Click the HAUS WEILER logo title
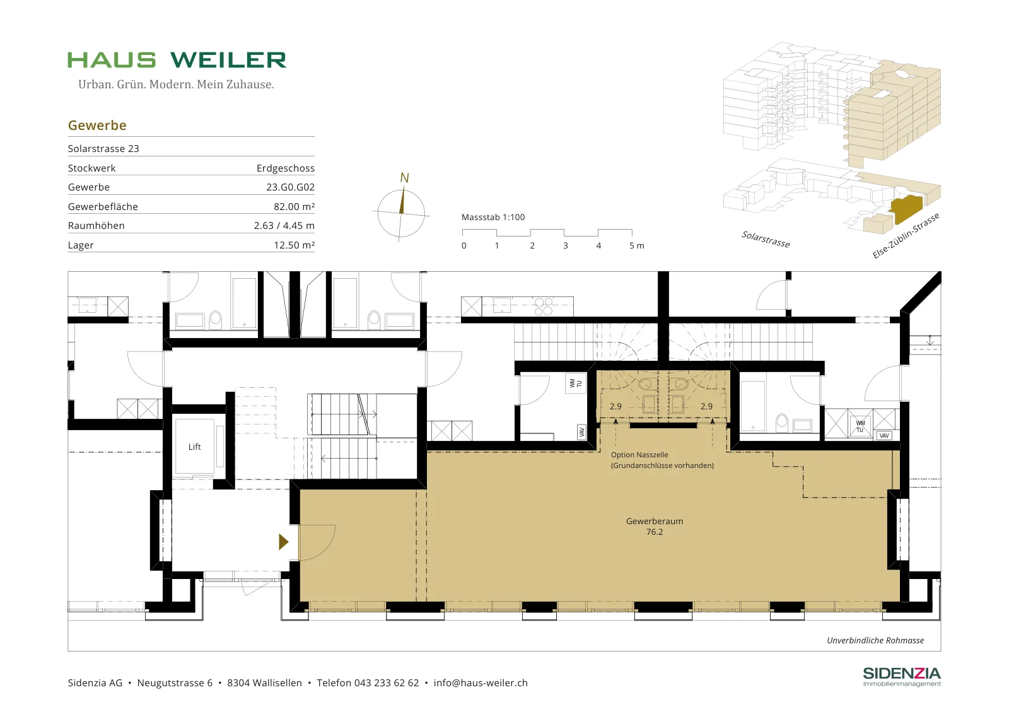(177, 60)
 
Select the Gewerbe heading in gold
(97, 126)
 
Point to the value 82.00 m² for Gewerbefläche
(294, 207)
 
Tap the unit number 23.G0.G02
(290, 187)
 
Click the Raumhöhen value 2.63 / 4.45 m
(284, 226)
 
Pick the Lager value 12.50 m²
(294, 245)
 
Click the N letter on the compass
(404, 178)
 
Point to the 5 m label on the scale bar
(636, 245)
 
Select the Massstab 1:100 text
(493, 217)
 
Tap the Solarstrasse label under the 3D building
(766, 239)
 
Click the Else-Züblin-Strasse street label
(906, 236)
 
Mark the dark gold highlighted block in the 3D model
(906, 209)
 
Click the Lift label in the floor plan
(195, 447)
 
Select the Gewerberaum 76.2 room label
(655, 526)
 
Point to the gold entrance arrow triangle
(283, 541)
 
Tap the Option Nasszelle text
(639, 455)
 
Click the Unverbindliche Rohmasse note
(875, 640)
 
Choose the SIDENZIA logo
(902, 677)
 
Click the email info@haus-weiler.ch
(481, 683)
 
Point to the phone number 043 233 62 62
(387, 683)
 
